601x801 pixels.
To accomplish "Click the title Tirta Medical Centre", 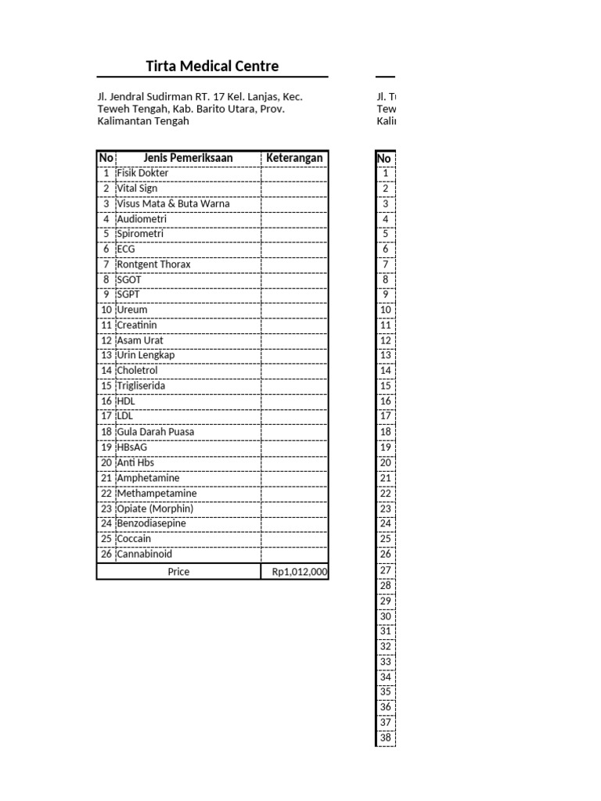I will [212, 66].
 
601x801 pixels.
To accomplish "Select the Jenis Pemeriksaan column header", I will [188, 158].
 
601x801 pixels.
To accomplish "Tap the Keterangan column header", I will [294, 158].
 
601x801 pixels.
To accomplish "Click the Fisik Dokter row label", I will [142, 173].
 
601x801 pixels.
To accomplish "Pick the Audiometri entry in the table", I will [142, 219].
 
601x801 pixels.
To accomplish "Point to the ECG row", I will [126, 250].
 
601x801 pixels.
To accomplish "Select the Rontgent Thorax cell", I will [153, 264].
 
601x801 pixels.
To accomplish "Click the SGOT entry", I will [129, 280].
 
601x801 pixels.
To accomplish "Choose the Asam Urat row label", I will [140, 341].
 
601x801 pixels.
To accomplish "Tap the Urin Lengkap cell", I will [146, 356].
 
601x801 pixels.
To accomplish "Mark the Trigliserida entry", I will [141, 386].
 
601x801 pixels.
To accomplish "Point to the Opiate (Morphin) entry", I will [155, 508].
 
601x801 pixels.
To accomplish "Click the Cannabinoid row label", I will [144, 554].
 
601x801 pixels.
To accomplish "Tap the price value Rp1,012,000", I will [300, 572].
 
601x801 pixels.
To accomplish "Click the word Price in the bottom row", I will [178, 572].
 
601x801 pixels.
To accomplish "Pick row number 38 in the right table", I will [385, 738].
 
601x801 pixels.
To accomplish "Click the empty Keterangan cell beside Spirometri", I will [294, 234].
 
